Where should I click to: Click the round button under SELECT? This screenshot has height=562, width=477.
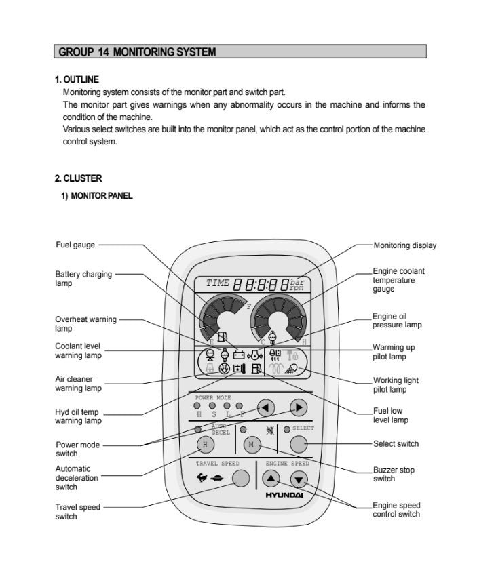tap(299, 444)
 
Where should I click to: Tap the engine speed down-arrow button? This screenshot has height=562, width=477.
tap(299, 479)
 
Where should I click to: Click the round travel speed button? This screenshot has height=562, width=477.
tap(240, 479)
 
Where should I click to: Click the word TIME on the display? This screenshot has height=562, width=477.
tap(217, 283)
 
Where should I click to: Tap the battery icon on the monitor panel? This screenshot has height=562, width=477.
tap(238, 354)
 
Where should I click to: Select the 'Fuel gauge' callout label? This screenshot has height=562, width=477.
tap(75, 245)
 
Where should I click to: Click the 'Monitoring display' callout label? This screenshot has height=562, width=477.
tap(404, 245)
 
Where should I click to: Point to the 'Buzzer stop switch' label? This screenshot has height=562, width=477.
tap(394, 474)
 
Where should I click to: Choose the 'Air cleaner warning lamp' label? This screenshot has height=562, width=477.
tap(78, 384)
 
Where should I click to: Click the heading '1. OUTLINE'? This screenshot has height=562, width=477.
tap(76, 79)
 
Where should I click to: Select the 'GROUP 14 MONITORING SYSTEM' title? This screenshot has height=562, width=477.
tap(137, 52)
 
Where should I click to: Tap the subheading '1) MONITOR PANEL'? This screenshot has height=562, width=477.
tap(98, 196)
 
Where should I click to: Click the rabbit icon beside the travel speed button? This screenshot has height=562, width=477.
tap(201, 479)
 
